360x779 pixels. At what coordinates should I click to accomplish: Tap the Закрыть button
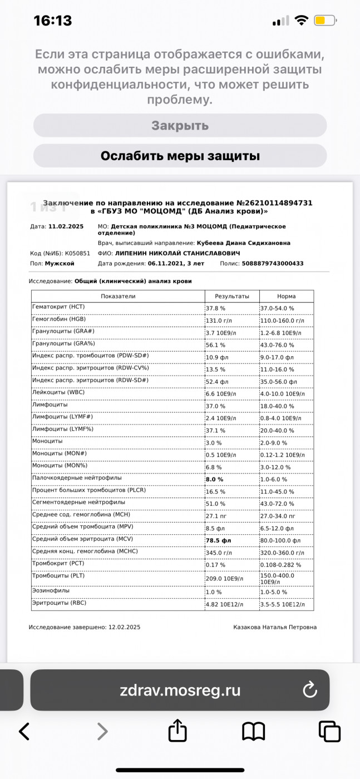pos(180,126)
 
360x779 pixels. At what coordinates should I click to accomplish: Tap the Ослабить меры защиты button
pos(180,156)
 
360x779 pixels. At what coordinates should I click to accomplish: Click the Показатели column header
pos(118,297)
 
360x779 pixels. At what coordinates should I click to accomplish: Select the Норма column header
pos(286,297)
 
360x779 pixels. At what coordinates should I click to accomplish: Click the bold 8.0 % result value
pos(215,479)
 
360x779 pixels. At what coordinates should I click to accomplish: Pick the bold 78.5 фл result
pos(219,540)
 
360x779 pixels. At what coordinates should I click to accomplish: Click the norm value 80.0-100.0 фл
pos(280,540)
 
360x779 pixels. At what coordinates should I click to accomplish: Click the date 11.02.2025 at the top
pos(66,226)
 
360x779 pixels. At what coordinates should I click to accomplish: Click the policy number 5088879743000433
pos(273,263)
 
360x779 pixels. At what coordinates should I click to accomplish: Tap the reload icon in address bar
pos(309,691)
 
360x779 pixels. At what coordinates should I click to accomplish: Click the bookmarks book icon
pos(253,731)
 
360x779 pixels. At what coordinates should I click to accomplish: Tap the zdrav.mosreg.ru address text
pos(180,691)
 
